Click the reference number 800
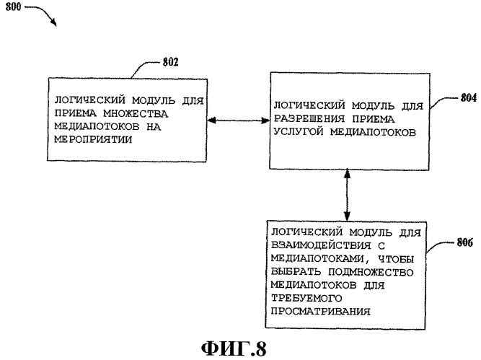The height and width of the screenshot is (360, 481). [13, 6]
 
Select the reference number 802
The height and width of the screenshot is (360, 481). [170, 62]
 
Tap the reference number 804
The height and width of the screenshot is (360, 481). [469, 98]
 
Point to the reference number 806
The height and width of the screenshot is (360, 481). [465, 242]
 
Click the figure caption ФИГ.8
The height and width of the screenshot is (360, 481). [234, 348]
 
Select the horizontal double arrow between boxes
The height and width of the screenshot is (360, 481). [239, 120]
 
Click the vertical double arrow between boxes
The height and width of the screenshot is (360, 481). [347, 195]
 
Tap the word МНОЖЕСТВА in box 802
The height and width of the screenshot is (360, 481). [136, 113]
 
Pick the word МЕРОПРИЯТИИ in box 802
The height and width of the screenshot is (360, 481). [93, 139]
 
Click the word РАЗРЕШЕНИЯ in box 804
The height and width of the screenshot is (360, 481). [309, 119]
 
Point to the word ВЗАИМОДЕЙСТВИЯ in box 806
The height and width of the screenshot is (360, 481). [321, 245]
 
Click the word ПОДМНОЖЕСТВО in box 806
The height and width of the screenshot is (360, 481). [371, 272]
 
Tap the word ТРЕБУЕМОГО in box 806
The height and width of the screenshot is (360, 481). [306, 298]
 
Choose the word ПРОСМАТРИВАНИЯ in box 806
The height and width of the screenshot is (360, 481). [321, 311]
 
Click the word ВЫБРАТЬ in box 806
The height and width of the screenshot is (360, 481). [296, 272]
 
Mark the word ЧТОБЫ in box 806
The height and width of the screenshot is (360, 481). [396, 259]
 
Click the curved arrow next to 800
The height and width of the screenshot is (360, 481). [43, 12]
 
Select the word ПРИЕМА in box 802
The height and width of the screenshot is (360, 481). [76, 113]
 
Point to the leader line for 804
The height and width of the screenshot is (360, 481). [444, 101]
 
